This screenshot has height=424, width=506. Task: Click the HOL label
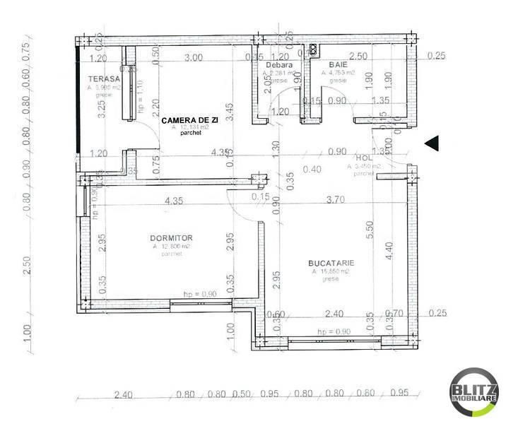pyautogui.click(x=363, y=158)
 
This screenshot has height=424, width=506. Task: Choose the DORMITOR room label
pyautogui.click(x=171, y=238)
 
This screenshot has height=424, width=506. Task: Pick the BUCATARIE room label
pyautogui.click(x=331, y=262)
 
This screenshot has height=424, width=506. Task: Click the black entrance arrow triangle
pyautogui.click(x=433, y=143)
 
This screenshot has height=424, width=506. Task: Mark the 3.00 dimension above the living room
pyautogui.click(x=193, y=57)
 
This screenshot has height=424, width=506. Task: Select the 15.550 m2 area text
pyautogui.click(x=331, y=271)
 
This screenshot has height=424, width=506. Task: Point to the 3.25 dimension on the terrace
pyautogui.click(x=102, y=107)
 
